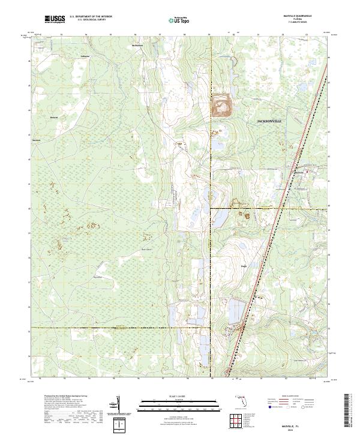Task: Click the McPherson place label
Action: coord(137,45)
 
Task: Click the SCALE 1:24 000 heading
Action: coord(179,396)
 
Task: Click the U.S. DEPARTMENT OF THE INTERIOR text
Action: coord(91,17)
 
